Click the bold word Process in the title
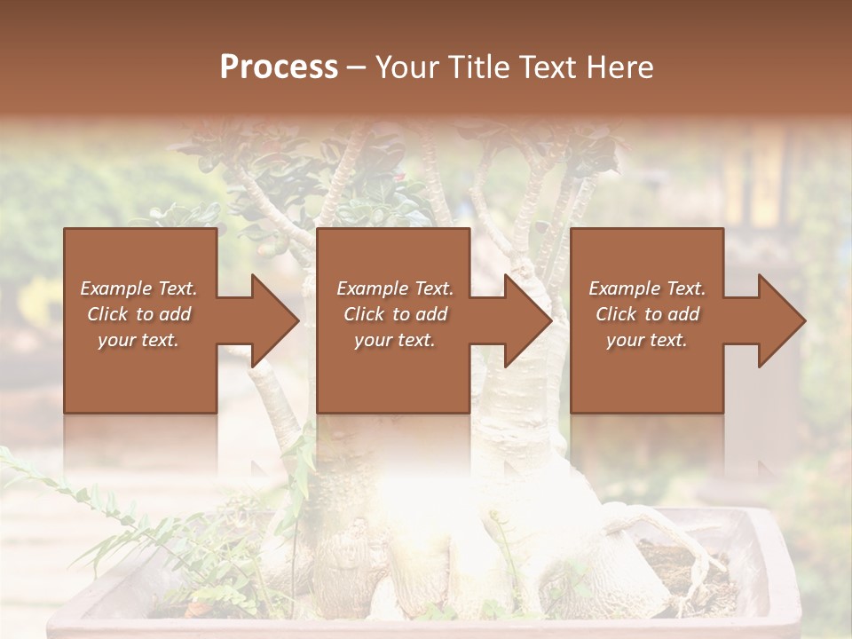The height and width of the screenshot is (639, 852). (279, 67)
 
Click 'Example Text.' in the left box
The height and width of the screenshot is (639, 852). (138, 288)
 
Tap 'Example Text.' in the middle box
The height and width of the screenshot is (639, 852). (394, 288)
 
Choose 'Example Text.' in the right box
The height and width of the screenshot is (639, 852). (647, 288)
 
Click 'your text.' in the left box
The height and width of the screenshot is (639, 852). (138, 340)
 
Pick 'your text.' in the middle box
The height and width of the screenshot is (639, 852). (394, 340)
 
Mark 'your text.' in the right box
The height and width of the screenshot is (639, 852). (647, 340)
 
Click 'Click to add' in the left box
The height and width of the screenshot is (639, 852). (138, 314)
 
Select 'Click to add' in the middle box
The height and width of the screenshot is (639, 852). (394, 314)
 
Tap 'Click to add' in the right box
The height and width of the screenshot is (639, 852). (647, 314)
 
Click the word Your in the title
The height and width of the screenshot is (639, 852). (406, 67)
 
